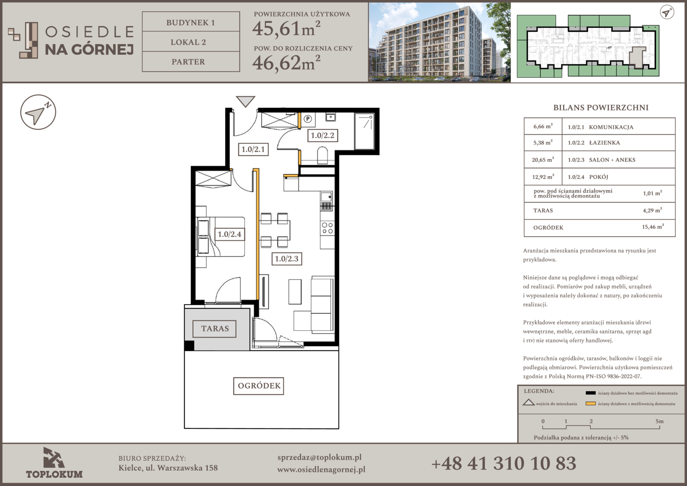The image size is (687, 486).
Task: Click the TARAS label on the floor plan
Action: [215, 329]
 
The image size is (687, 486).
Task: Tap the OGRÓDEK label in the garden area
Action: [259, 386]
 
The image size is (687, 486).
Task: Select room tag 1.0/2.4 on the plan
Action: [229, 234]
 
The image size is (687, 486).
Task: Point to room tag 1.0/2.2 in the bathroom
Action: [323, 135]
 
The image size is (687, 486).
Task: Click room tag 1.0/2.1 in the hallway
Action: [253, 149]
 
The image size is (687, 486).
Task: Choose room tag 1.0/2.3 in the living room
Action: [287, 259]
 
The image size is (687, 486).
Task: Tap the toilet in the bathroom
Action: [322, 156]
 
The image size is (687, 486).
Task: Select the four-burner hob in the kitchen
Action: [327, 228]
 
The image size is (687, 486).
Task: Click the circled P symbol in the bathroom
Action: [308, 119]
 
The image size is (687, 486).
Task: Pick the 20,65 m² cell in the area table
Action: [543, 160]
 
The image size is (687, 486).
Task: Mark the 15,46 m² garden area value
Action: [653, 227]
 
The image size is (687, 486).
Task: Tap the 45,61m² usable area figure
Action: [286, 28]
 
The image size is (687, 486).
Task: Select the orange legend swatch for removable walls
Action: [591, 404]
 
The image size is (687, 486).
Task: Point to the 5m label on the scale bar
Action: [660, 422]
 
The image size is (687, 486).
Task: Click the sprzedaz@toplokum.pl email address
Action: [320, 458]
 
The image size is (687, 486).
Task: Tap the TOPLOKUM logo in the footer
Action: [54, 463]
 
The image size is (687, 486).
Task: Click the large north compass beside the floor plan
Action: [38, 112]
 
